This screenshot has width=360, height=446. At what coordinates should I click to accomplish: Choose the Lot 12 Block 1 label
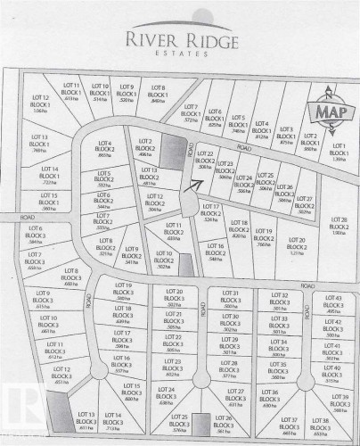pos(39,103)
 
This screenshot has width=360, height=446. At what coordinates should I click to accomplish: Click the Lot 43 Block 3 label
pos(333,302)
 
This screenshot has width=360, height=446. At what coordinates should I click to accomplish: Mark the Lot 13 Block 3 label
pos(86,421)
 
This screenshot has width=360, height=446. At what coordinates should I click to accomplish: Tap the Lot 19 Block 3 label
pos(123,290)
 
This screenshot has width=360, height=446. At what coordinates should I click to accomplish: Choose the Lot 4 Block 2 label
pos(105,148)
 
